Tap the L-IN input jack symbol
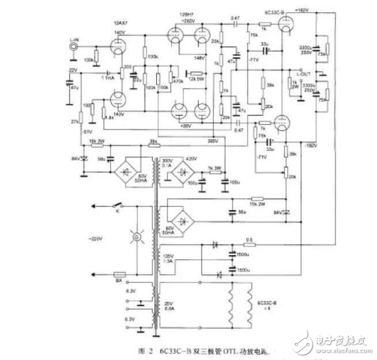tap(73, 48)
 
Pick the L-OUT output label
tap(303, 75)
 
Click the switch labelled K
tap(119, 206)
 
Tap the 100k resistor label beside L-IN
tap(89, 60)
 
